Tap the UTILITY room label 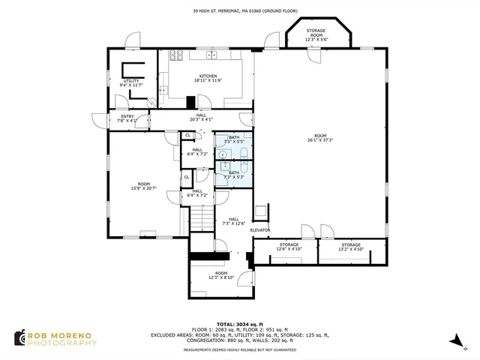130,81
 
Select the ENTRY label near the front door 127,116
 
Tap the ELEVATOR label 260,229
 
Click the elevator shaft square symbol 260,213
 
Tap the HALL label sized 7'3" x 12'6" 234,221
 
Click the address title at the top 240,10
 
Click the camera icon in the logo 19,338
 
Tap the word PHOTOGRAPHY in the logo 62,343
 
